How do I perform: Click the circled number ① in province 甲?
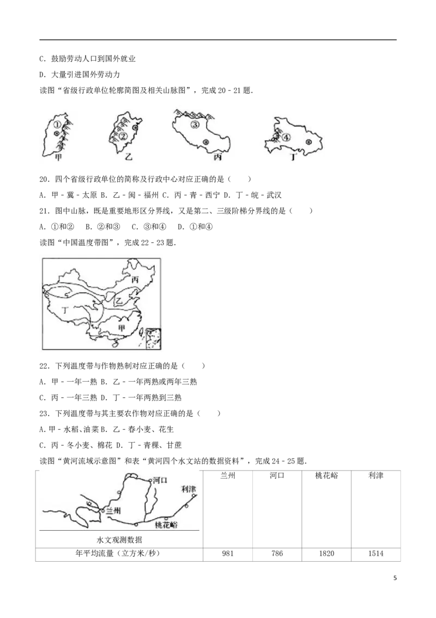[57, 124]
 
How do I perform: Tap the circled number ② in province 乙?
[123, 136]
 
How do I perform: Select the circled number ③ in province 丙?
[195, 124]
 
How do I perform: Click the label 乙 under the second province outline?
[128, 157]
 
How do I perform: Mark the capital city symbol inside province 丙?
[205, 142]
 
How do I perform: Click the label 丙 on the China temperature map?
[135, 280]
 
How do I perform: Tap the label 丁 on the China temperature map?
[65, 310]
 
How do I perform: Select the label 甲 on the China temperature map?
[122, 327]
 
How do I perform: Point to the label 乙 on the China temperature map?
[118, 301]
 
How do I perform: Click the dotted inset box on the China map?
[153, 338]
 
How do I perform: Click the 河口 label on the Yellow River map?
[160, 480]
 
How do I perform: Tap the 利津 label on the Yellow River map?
[189, 489]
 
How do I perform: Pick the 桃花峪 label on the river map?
[166, 525]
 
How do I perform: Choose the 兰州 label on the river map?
[113, 511]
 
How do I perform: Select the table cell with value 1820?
[326, 554]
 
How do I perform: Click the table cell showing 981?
[228, 554]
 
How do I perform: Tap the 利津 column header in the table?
[376, 476]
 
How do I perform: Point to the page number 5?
[395, 578]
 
